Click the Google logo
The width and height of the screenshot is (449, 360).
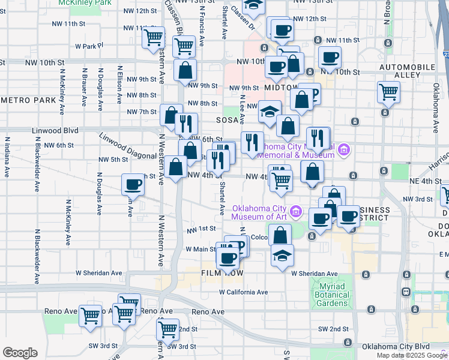(x=20, y=353)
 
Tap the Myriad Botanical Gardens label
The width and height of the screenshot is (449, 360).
(x=331, y=295)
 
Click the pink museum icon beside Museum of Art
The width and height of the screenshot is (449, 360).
(x=295, y=211)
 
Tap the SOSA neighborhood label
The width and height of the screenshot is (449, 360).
(x=228, y=121)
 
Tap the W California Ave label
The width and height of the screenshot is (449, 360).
(x=243, y=292)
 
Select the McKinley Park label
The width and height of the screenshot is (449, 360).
(x=85, y=3)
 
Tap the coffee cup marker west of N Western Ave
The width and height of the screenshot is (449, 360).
(x=133, y=184)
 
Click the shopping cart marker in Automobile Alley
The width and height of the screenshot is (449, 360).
(x=388, y=92)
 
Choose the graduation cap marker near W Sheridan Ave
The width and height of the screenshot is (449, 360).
(x=282, y=254)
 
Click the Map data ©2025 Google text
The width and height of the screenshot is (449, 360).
(x=412, y=355)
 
